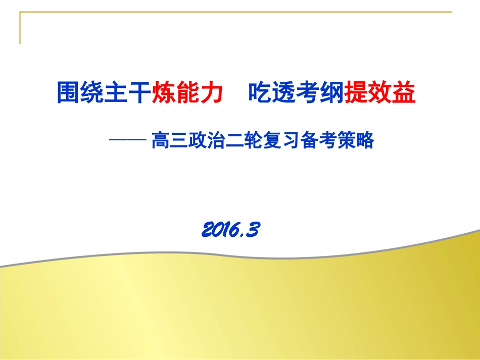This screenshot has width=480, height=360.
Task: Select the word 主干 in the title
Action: click(x=127, y=93)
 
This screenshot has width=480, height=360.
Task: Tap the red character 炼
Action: click(x=164, y=93)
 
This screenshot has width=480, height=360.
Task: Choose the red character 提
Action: click(x=356, y=93)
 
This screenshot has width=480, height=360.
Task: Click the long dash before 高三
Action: click(x=128, y=141)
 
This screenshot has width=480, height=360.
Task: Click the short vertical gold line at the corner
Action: click(x=20, y=28)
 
